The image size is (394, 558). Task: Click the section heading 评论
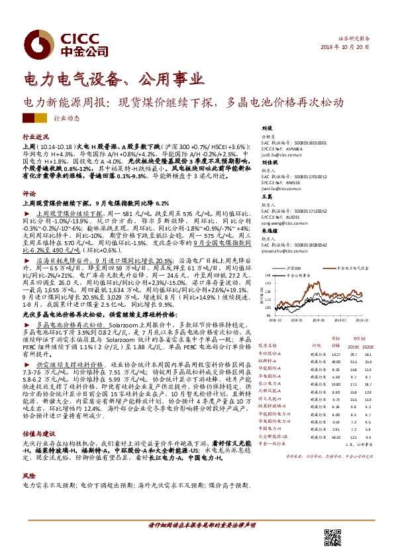click(28, 194)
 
